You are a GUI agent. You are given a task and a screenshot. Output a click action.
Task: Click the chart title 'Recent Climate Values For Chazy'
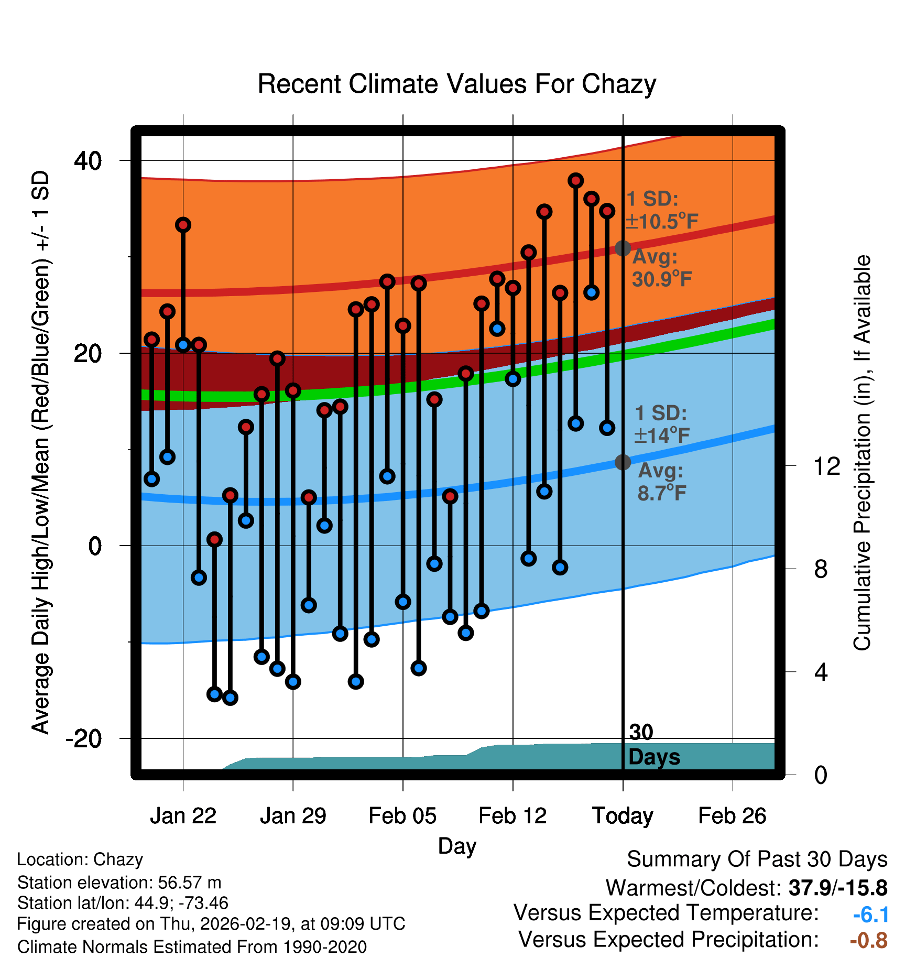point(456,84)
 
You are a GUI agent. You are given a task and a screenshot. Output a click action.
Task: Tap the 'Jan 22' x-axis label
point(183,816)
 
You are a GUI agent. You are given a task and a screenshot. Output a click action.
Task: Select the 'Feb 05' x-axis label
point(402,816)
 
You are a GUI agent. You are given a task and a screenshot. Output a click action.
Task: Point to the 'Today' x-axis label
point(623,816)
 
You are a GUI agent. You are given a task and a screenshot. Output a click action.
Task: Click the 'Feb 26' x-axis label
point(732,816)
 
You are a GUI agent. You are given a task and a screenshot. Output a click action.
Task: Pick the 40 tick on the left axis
point(88,160)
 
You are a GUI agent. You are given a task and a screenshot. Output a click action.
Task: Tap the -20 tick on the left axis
point(83,739)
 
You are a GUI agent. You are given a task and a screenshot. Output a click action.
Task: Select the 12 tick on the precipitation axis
point(826,466)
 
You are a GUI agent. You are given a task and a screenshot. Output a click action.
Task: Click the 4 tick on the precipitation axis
point(821,672)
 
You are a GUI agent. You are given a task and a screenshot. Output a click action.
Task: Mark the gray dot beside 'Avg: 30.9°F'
point(623,248)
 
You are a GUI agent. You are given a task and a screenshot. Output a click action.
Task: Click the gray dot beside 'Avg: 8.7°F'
point(623,462)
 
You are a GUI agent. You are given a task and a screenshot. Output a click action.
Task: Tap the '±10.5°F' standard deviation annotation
point(662,222)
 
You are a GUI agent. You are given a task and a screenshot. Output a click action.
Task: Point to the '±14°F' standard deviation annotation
point(662,436)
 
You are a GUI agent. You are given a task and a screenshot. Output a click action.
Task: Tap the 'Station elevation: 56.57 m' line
point(119,883)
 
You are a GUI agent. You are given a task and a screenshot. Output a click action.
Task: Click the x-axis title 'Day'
point(457,846)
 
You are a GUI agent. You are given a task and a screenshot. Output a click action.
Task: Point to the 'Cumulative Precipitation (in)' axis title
point(862,453)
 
